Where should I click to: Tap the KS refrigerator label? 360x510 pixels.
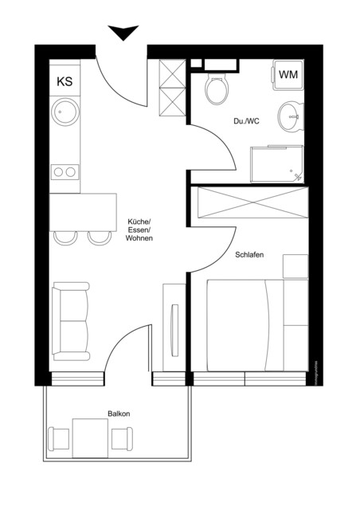pos(65,80)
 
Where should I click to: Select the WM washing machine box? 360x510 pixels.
pos(288,73)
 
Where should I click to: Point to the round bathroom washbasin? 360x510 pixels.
pos(291,118)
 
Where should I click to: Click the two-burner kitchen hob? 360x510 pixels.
pos(65,171)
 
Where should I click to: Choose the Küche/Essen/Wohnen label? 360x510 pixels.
pos(139,229)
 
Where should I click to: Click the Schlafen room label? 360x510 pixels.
pos(249,255)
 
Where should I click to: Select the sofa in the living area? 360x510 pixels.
pos(70,321)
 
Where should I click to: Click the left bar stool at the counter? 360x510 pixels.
pos(65,237)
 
